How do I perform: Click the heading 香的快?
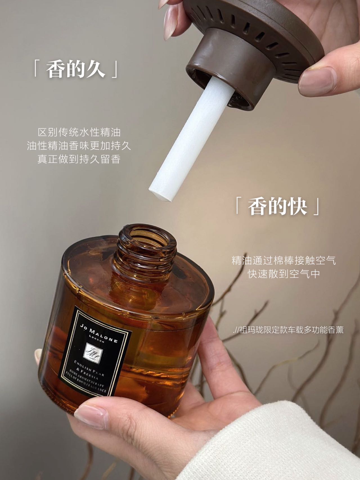click(x=277, y=206)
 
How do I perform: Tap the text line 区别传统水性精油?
click(x=79, y=132)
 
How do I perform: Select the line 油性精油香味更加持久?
click(x=79, y=146)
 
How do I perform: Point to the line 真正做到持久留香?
click(x=79, y=159)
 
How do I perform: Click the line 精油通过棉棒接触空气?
click(x=284, y=260)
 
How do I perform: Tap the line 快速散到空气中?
click(x=284, y=274)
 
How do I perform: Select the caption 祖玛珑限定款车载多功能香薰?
click(x=291, y=330)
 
